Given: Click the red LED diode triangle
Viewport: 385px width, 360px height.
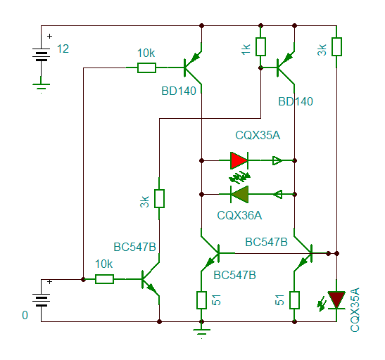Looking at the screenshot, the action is pyautogui.click(x=239, y=160).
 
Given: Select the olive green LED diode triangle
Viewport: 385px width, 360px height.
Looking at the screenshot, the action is pyautogui.click(x=239, y=195).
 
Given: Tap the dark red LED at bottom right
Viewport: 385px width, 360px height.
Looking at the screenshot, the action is pyautogui.click(x=336, y=300).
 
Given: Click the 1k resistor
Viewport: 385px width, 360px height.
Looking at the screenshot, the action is pyautogui.click(x=260, y=46).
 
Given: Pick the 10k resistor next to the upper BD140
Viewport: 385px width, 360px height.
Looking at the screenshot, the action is pyautogui.click(x=146, y=67).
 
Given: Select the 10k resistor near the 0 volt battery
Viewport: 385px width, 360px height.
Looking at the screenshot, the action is pyautogui.click(x=104, y=279).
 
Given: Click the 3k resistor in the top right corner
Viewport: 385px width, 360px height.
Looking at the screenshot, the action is pyautogui.click(x=336, y=46).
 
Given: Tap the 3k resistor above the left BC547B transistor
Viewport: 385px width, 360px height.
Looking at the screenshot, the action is pyautogui.click(x=159, y=199).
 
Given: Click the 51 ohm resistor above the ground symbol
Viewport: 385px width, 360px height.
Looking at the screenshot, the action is pyautogui.click(x=201, y=300).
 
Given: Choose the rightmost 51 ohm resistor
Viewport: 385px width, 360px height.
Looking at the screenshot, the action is pyautogui.click(x=294, y=300).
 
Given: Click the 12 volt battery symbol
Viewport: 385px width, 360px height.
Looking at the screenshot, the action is pyautogui.click(x=41, y=54).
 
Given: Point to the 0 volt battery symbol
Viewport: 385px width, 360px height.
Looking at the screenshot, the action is pyautogui.click(x=41, y=300).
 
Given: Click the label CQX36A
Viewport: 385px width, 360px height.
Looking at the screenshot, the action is pyautogui.click(x=239, y=215).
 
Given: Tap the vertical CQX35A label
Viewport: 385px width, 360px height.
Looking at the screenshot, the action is pyautogui.click(x=355, y=310).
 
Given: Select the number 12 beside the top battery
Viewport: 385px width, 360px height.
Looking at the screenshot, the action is pyautogui.click(x=63, y=49).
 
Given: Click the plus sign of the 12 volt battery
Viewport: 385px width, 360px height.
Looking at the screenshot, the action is pyautogui.click(x=49, y=37).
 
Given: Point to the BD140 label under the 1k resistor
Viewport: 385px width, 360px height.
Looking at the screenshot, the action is pyautogui.click(x=296, y=101).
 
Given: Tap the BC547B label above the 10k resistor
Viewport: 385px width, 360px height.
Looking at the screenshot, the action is pyautogui.click(x=135, y=247).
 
